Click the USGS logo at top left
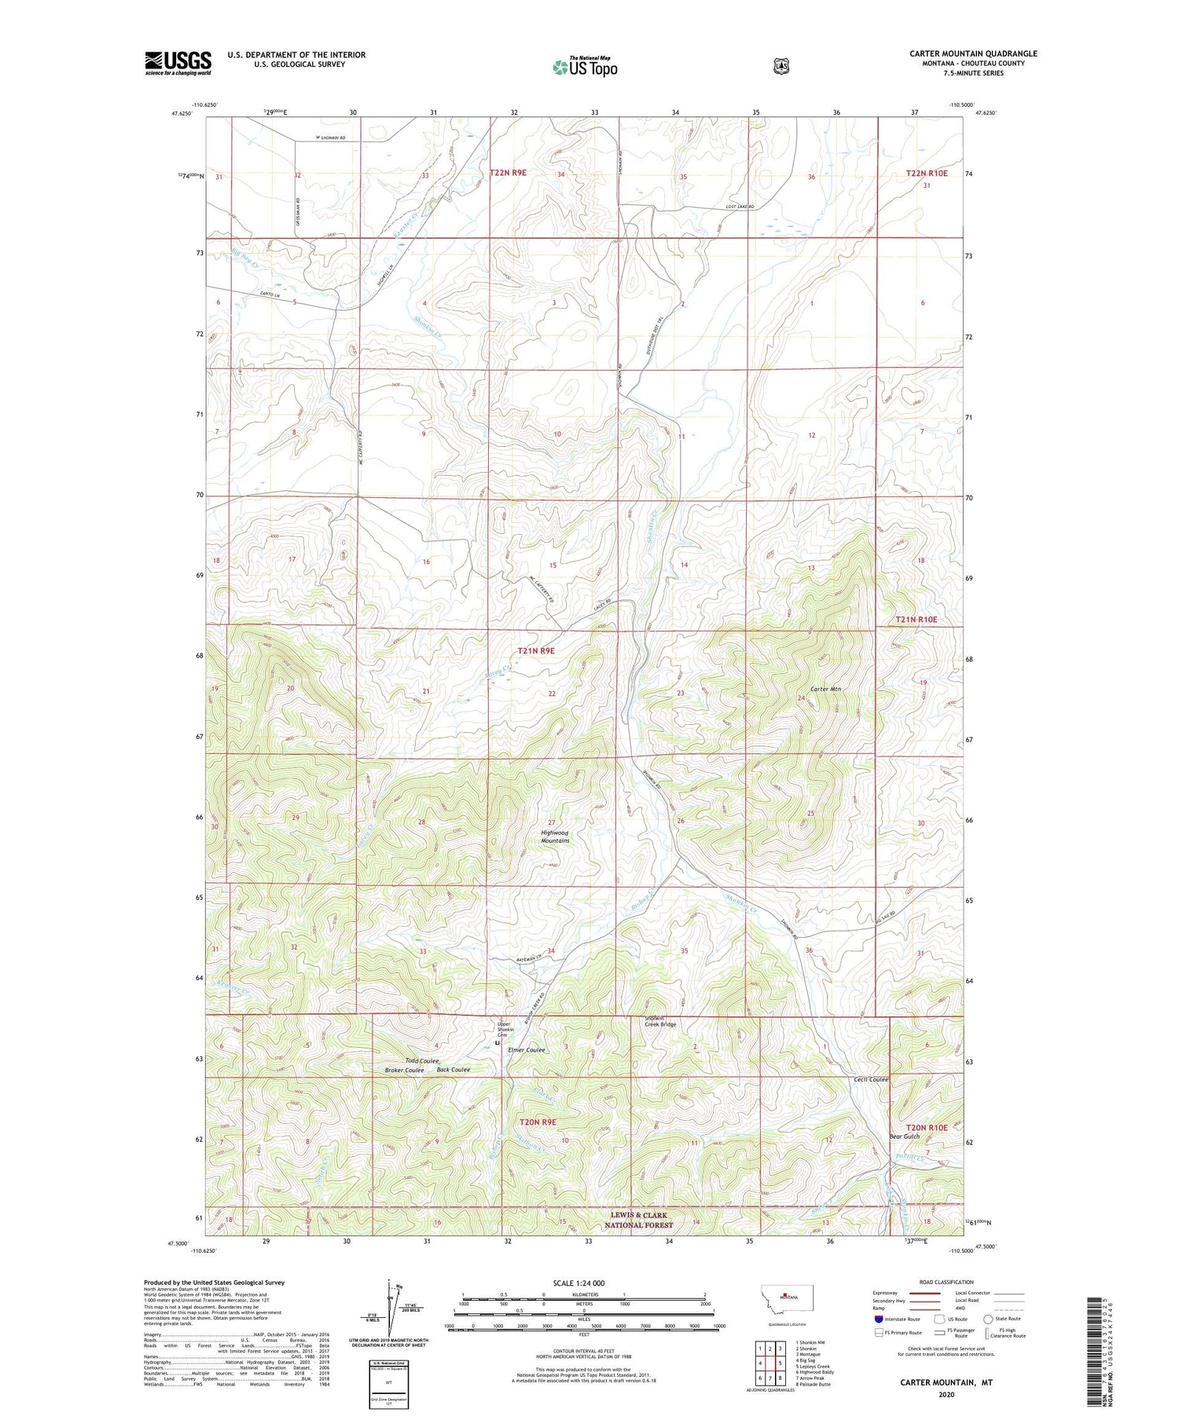click(x=178, y=63)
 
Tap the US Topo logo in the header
click(x=585, y=67)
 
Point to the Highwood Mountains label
click(x=555, y=836)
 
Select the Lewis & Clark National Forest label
click(x=639, y=1220)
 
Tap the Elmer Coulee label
click(x=527, y=1050)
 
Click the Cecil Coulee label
click(x=871, y=1079)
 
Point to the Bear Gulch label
click(x=904, y=1137)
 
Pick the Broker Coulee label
click(x=404, y=1071)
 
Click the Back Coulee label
click(x=454, y=1070)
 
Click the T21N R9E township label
click(x=536, y=650)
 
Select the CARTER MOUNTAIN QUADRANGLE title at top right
click(x=973, y=53)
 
